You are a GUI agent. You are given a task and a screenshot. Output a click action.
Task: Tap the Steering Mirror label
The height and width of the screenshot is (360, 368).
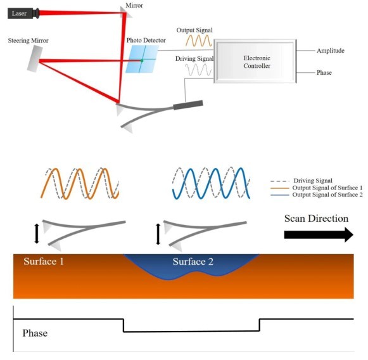point(28,41)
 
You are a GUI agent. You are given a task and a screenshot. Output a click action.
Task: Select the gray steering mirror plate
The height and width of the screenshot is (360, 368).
point(35,58)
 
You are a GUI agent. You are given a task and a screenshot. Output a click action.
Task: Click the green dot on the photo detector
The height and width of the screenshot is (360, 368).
point(142,61)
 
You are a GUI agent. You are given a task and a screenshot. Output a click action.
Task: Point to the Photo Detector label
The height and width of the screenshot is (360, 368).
point(146,40)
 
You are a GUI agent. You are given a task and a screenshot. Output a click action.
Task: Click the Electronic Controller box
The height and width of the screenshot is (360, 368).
point(255,61)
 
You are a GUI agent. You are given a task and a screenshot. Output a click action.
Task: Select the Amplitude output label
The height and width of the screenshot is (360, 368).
point(331,51)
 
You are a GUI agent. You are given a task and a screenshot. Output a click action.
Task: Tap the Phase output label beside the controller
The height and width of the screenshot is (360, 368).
point(324,72)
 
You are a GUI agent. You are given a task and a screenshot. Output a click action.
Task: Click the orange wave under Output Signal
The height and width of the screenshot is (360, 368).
point(198,41)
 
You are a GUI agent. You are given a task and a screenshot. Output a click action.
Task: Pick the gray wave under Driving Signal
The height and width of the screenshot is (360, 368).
point(198,70)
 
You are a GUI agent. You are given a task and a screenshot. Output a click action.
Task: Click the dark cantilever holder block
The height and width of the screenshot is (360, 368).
point(188,105)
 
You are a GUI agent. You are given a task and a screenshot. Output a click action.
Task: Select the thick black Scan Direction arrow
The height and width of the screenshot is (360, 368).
point(319,235)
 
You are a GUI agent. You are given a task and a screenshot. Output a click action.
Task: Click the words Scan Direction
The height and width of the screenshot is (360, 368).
point(316,219)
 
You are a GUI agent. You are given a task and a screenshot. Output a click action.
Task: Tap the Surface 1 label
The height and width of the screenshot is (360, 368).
point(44,261)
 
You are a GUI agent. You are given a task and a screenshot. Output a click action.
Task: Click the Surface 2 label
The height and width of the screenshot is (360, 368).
point(193,262)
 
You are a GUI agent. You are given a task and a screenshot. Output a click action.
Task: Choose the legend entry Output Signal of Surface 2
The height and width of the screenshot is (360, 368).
point(317,195)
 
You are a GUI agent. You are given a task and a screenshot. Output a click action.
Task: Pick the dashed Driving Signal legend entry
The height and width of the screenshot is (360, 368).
point(301,181)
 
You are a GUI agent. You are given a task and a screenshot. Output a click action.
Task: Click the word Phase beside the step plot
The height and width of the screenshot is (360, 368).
point(35,333)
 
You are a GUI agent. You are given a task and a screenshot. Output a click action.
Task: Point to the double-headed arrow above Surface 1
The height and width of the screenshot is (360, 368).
point(37,234)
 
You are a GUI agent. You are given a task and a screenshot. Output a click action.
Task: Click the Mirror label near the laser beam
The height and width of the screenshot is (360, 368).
point(134,6)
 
